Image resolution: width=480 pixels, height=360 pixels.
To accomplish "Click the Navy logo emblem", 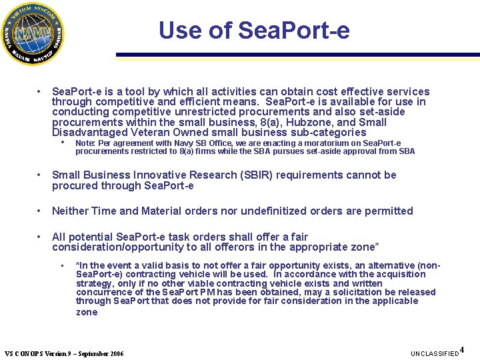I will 34,34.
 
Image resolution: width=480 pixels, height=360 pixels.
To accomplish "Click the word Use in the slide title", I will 176,30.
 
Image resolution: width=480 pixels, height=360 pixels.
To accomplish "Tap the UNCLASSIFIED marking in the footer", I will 434,353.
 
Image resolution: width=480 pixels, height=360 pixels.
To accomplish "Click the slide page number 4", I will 463,350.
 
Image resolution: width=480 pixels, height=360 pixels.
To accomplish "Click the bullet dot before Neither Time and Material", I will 41,211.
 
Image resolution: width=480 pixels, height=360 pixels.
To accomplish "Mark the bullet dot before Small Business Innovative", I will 41,175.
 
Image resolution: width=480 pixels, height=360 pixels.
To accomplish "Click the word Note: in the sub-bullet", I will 85,143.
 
